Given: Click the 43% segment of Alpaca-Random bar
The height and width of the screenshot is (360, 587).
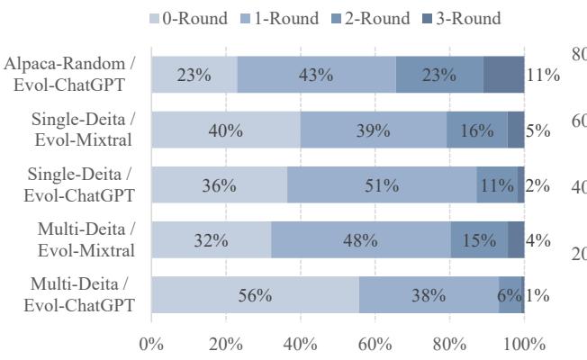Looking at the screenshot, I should click(x=317, y=75).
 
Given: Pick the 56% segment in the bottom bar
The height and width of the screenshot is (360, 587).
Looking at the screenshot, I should click(x=255, y=296).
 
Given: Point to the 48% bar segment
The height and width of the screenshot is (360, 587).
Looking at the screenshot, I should click(x=360, y=241).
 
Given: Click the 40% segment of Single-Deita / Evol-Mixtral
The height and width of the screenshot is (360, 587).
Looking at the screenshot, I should click(x=225, y=130).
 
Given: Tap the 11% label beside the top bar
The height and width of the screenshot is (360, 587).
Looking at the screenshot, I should click(x=543, y=75).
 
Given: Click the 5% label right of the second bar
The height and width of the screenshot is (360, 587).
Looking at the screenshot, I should click(x=538, y=130).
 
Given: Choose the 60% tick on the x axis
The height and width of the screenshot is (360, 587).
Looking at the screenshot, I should click(x=375, y=343).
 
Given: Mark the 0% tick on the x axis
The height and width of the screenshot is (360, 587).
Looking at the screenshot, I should click(x=151, y=343).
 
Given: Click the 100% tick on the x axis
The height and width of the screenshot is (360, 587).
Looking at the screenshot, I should click(x=524, y=343).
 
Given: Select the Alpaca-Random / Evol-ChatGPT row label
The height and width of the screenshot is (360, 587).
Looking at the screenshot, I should click(x=71, y=74).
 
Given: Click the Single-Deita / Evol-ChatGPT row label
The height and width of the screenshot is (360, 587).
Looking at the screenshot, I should click(x=79, y=185).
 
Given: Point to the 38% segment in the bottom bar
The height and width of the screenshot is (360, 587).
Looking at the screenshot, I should click(x=429, y=296).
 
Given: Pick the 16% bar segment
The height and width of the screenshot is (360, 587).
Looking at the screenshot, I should click(x=477, y=130).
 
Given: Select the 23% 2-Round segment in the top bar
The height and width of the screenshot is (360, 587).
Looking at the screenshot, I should click(x=439, y=75).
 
